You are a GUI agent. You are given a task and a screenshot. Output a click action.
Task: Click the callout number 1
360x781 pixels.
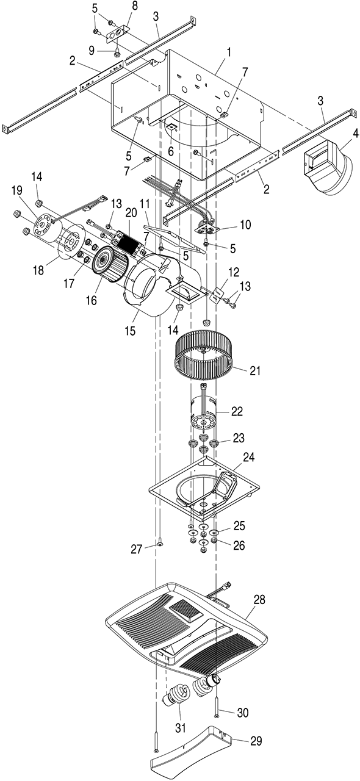click(x=229, y=53)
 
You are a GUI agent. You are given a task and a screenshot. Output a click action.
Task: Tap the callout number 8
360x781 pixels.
click(x=135, y=6)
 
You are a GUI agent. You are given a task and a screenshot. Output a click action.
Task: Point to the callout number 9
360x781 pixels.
click(x=92, y=51)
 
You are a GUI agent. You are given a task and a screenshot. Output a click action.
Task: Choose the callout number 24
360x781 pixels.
click(x=249, y=457)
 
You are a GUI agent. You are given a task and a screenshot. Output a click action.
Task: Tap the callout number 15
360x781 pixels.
click(x=130, y=331)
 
